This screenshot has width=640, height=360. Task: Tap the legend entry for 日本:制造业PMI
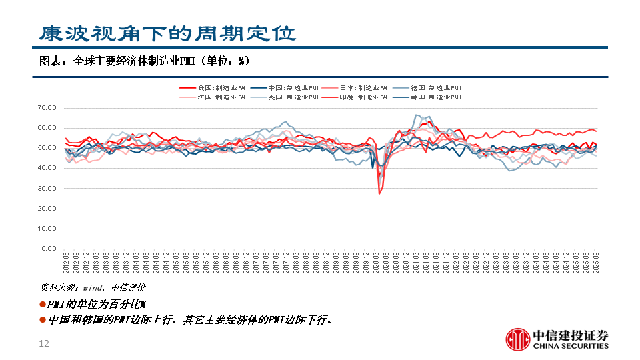tap(357, 88)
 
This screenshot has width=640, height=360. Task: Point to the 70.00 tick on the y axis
tap(49, 107)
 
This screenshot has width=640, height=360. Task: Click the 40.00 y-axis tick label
tap(49, 168)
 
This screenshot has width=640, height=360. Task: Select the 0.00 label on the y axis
tap(51, 249)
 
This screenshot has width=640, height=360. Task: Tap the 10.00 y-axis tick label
tap(49, 229)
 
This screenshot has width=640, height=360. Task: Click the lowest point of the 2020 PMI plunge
tap(379, 193)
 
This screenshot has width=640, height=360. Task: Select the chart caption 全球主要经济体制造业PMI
tap(143, 61)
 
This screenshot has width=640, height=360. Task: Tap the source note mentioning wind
tap(93, 288)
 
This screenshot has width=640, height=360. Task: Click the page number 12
tap(45, 344)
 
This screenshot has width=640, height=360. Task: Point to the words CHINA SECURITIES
tap(570, 346)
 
